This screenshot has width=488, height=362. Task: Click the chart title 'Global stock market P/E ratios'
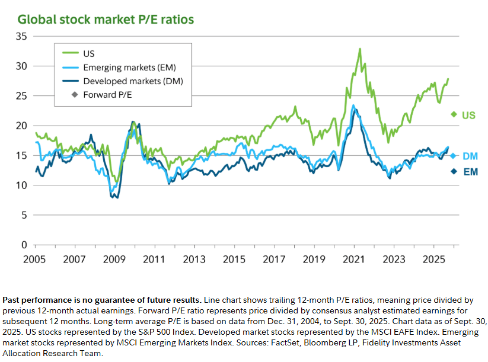tap(106, 20)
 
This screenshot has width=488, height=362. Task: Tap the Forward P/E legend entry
tap(108, 94)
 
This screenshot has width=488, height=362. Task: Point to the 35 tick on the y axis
tap(23, 36)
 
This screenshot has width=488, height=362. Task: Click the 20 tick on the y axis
tap(23, 126)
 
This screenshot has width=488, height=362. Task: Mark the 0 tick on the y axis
tap(25, 245)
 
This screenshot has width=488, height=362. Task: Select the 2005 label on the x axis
tap(34, 260)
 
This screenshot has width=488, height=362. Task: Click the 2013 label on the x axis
tap(194, 260)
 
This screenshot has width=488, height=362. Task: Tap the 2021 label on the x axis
tap(353, 260)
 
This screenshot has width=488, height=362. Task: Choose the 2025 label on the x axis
tap(433, 260)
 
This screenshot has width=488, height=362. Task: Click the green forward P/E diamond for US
tap(454, 114)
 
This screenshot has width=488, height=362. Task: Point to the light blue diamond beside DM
tap(454, 156)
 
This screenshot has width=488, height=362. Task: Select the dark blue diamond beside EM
tap(454, 171)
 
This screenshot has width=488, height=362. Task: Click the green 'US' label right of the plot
tap(468, 115)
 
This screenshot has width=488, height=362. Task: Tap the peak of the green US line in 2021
tap(360, 49)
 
